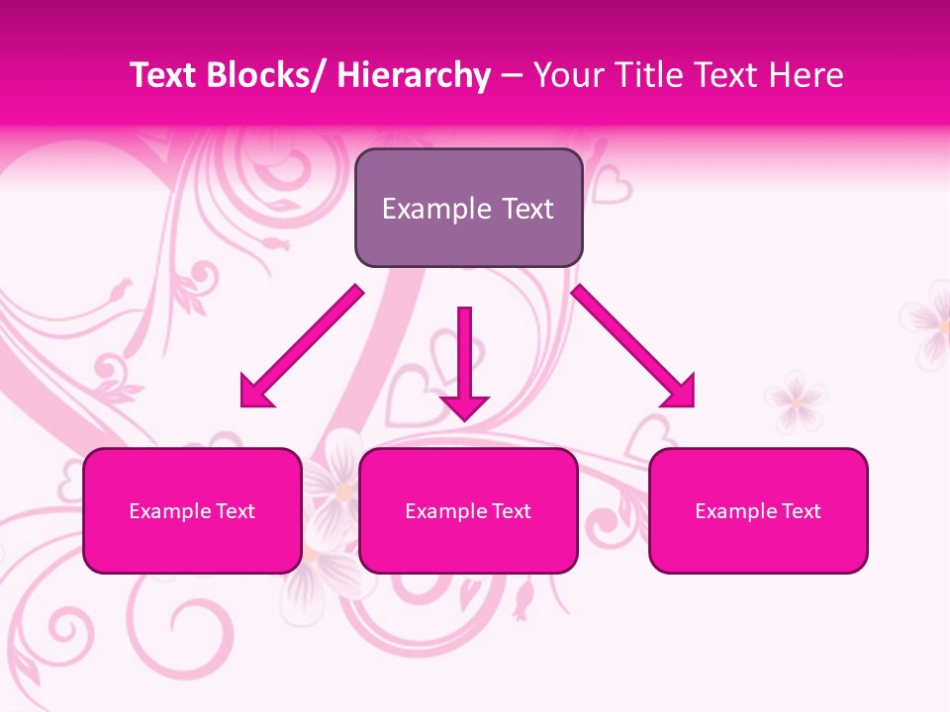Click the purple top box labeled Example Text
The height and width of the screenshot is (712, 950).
(x=468, y=208)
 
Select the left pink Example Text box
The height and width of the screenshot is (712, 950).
(x=192, y=510)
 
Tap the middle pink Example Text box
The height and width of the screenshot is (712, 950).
(x=468, y=510)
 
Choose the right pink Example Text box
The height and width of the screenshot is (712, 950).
(x=758, y=510)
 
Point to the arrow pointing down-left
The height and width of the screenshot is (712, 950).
(x=302, y=347)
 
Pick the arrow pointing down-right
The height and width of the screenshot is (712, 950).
(x=633, y=346)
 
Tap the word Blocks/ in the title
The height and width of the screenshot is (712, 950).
(x=266, y=75)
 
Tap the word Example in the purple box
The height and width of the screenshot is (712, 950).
(x=435, y=209)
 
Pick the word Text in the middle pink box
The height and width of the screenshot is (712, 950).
(x=512, y=511)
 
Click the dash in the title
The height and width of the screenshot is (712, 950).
(x=512, y=75)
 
